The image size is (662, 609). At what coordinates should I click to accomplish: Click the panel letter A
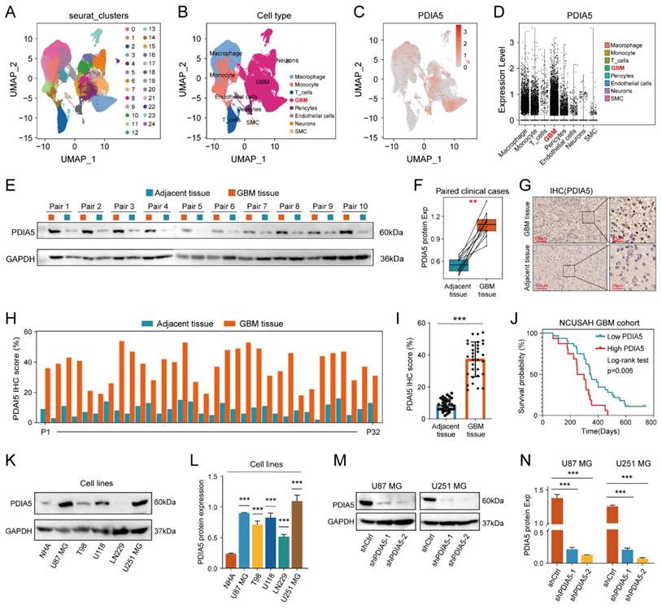(11, 11)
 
